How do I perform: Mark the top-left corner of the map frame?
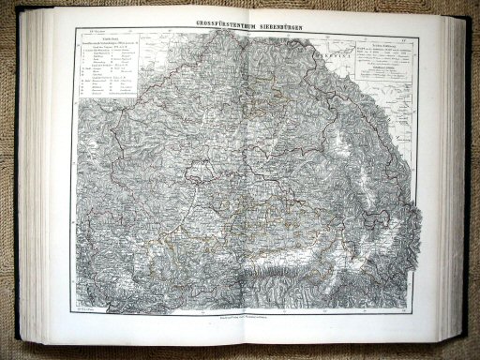pyautogui.click(x=76, y=28)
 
